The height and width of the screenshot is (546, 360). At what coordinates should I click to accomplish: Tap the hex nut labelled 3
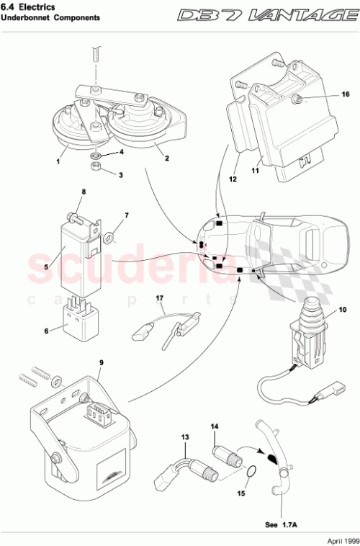pos(96,168)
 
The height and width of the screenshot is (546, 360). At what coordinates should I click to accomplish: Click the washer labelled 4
pos(96,154)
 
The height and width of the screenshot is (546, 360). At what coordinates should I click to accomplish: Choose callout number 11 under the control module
pos(254,172)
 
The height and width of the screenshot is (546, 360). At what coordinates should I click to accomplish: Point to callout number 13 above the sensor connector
pos(185,437)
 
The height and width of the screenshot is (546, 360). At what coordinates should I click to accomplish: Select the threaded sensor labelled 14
pos(220,452)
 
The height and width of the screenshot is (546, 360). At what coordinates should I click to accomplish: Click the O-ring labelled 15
pos(251,472)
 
